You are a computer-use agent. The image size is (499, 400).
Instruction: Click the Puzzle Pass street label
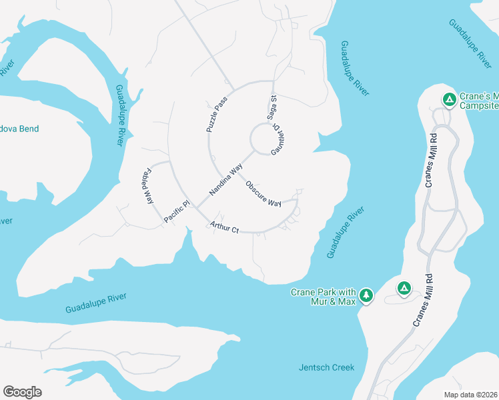(217, 113)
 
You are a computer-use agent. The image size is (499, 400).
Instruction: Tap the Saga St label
(272, 107)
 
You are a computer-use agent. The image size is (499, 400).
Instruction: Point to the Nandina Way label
(225, 181)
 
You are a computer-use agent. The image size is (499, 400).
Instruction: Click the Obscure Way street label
(263, 193)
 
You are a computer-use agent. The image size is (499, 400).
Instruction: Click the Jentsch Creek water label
(326, 367)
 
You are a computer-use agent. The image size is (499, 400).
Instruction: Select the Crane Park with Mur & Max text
(324, 297)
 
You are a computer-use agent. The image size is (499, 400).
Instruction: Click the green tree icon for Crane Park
(366, 295)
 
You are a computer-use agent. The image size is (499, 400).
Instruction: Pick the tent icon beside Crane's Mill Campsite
(450, 100)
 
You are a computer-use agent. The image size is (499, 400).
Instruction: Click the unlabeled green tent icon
(404, 288)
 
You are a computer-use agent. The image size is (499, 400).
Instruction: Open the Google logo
(22, 392)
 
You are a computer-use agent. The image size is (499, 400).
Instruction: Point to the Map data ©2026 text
(470, 394)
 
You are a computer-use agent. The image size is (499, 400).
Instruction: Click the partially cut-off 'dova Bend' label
(20, 129)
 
